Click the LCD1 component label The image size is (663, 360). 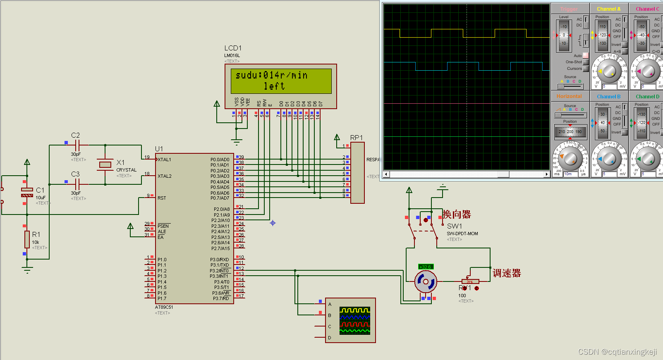[233, 48]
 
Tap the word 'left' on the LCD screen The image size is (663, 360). [274, 86]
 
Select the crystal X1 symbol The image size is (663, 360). [105, 165]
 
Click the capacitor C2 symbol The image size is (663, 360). [77, 145]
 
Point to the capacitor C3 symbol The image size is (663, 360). [77, 184]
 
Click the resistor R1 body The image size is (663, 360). [27, 239]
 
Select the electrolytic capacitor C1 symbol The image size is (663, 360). [27, 192]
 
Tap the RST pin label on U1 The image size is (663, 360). [162, 198]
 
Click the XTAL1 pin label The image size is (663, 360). [164, 160]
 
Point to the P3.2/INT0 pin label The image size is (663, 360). [219, 271]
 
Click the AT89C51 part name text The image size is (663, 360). [164, 307]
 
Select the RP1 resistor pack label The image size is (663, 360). [356, 138]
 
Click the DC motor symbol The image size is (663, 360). [426, 282]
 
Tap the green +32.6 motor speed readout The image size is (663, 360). [426, 267]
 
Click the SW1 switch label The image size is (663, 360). [454, 226]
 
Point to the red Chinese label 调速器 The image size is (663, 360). [507, 273]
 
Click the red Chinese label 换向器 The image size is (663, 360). [457, 215]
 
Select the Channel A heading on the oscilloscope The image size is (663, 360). [608, 9]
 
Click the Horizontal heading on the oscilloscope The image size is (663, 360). [569, 96]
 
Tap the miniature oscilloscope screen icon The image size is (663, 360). [354, 320]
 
